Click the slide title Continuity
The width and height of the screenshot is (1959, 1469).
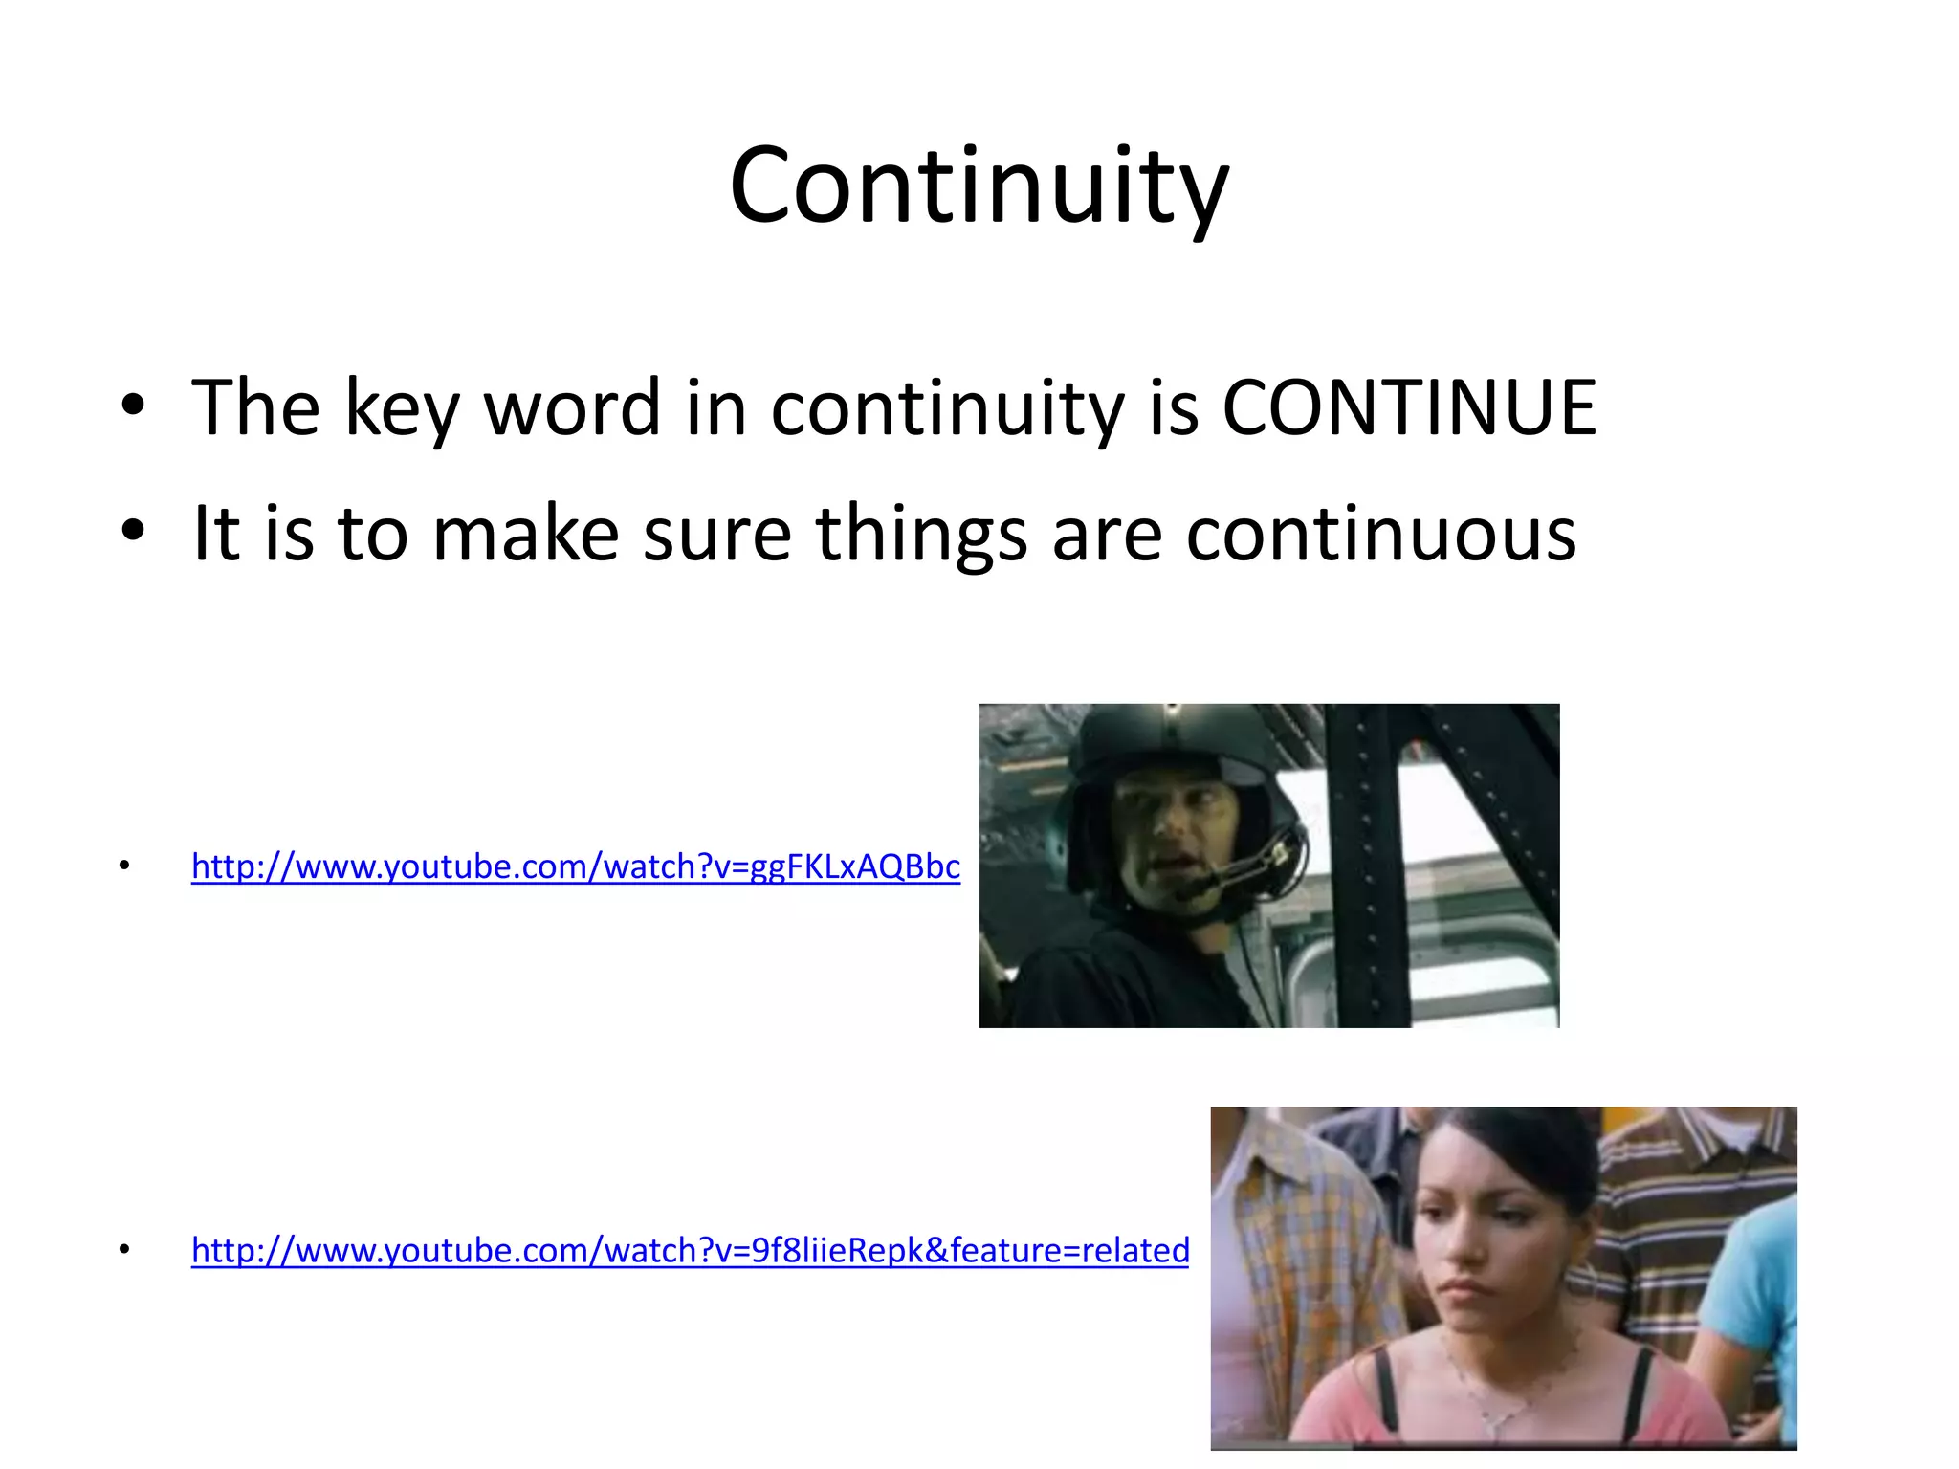point(979,186)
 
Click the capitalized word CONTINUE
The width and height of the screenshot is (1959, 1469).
point(1409,408)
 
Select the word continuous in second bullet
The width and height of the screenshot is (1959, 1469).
point(1381,534)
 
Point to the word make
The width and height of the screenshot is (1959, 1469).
point(525,534)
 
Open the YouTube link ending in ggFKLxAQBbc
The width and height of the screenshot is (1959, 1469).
point(576,866)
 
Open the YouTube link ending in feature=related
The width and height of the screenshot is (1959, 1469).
point(690,1251)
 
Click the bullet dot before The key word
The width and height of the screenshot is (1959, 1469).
point(133,406)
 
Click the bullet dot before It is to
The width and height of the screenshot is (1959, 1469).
point(133,531)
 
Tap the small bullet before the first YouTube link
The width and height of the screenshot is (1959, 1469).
point(123,866)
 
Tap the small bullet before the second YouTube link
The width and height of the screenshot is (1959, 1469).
point(123,1250)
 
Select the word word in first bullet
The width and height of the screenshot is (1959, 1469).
point(572,408)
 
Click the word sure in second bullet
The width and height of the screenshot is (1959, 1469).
point(717,534)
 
